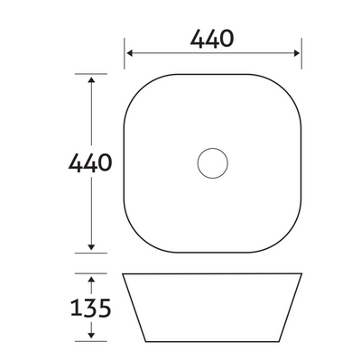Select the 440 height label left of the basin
tap(90, 163)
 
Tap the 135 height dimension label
tap(91, 308)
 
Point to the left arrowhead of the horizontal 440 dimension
tap(129, 53)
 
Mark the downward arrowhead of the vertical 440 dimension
tap(91, 247)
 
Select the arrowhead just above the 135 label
tap(91, 279)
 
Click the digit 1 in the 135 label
tap(75, 308)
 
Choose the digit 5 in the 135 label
tap(106, 308)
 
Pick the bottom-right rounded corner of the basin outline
tap(289, 240)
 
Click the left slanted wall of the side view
tap(134, 307)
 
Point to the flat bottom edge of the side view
tap(212, 340)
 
